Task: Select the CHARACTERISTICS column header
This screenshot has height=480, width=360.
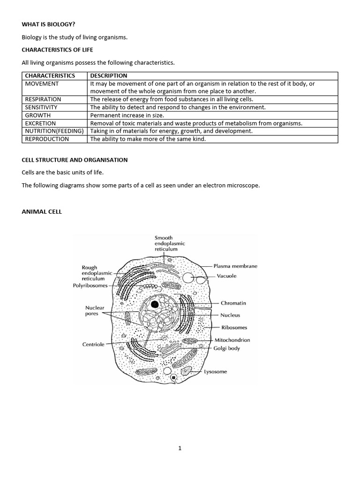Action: tap(50, 75)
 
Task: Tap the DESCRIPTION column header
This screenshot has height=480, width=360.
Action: tap(109, 75)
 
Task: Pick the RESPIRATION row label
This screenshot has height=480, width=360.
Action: tap(43, 99)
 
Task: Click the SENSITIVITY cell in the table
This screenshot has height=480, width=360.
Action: tap(41, 107)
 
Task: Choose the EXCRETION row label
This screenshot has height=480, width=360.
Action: tap(40, 123)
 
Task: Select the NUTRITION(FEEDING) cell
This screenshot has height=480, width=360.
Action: tap(54, 131)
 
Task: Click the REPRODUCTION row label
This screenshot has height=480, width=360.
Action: tap(47, 139)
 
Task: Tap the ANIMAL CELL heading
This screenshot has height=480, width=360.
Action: tap(42, 212)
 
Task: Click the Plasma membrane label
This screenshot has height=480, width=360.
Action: tap(235, 266)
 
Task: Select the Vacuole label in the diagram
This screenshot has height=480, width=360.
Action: tap(226, 276)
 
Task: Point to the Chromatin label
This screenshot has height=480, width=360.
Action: tap(233, 303)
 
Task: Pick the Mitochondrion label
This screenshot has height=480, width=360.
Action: tap(232, 340)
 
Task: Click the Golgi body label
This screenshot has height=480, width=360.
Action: tap(227, 348)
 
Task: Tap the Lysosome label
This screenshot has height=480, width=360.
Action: tap(215, 372)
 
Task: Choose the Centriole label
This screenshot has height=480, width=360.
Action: tap(93, 344)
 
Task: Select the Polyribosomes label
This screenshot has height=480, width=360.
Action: tap(90, 285)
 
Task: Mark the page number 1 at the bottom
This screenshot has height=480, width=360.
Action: tap(180, 448)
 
